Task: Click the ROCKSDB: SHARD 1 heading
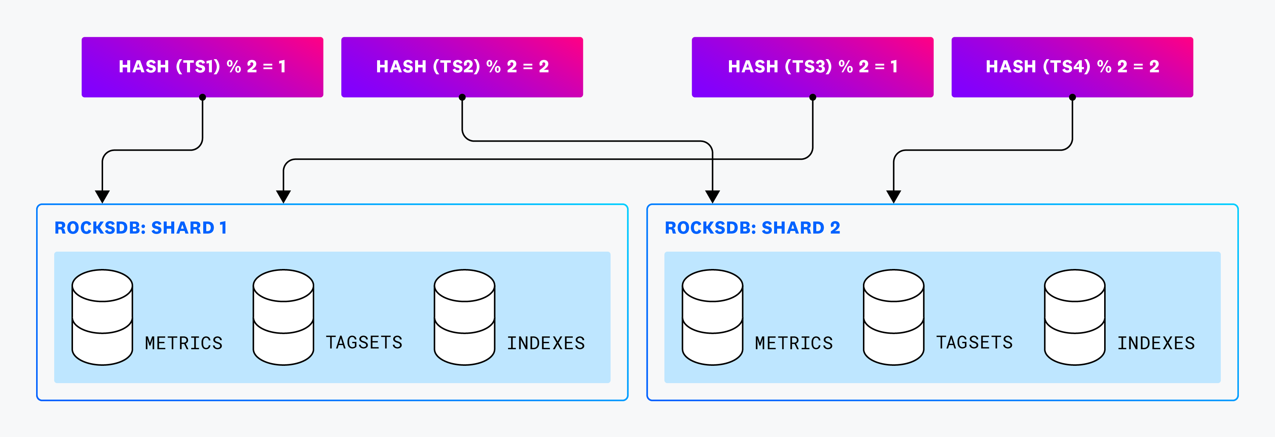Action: (x=141, y=228)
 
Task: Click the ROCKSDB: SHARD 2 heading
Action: (x=752, y=228)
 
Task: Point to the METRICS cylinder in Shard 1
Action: (x=102, y=317)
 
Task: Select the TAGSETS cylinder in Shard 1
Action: (x=283, y=317)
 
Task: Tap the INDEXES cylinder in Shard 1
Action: (x=464, y=317)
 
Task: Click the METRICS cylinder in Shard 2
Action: (x=712, y=317)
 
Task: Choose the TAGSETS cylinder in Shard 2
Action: (x=893, y=317)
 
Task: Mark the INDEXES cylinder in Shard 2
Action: (x=1074, y=317)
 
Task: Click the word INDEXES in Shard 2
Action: (x=1156, y=343)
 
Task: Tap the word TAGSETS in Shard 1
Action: (x=364, y=342)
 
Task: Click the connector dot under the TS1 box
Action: (x=202, y=97)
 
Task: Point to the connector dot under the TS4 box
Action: (x=1072, y=97)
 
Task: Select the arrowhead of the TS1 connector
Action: (x=102, y=197)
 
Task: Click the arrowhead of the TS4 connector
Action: (x=893, y=197)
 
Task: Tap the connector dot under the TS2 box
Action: (x=462, y=97)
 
